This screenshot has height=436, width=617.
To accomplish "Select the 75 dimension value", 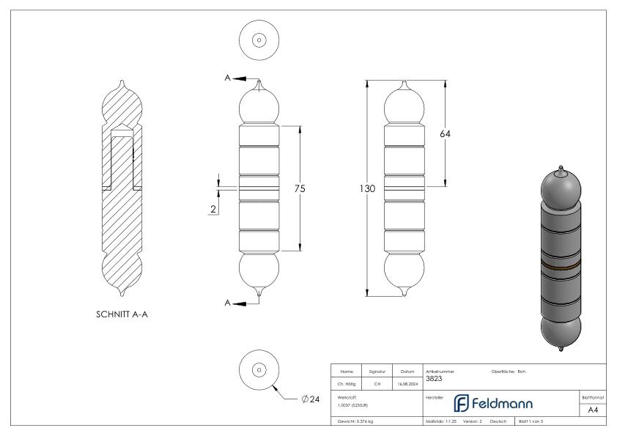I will (299, 189).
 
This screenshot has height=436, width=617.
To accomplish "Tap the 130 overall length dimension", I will (367, 189).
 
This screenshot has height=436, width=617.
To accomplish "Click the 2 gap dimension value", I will (213, 209).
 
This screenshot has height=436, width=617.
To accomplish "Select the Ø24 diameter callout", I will (311, 399).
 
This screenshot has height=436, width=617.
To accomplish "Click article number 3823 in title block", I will (435, 379).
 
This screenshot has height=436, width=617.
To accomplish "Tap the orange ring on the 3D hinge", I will (561, 261).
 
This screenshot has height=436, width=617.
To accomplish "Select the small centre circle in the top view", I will (259, 40).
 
